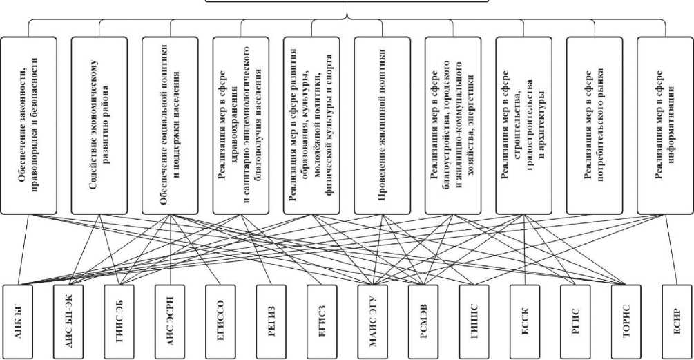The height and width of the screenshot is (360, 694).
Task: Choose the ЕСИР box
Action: tap(675, 319)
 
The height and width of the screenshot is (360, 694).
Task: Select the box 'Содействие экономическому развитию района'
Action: tap(99, 124)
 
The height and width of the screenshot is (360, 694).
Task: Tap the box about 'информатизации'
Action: tap(664, 124)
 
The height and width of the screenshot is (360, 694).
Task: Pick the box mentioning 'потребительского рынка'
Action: tap(594, 124)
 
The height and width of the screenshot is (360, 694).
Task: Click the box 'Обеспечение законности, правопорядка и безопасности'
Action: tap(29, 124)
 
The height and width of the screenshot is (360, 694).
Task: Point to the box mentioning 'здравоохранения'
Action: tap(240, 124)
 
